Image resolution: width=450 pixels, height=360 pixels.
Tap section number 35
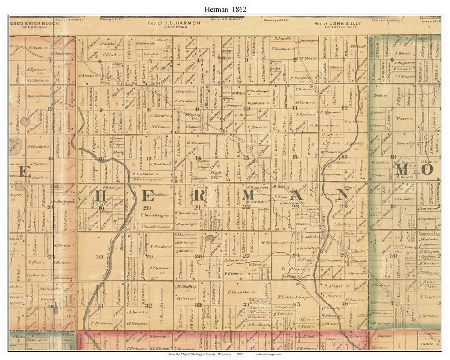click(x=297, y=305)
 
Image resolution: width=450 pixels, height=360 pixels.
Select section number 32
click(x=149, y=305)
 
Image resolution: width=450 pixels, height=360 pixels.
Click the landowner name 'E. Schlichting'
click(x=292, y=297)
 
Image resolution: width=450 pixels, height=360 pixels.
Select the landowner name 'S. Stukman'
click(x=160, y=267)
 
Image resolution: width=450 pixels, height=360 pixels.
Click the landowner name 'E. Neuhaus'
click(x=283, y=49)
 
